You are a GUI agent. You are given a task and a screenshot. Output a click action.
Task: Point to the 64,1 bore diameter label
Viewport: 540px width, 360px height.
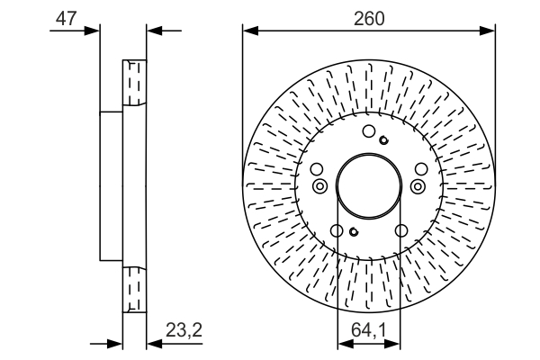pos(368,331)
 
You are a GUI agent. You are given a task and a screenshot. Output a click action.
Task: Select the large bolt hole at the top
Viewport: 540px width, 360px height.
pos(368,133)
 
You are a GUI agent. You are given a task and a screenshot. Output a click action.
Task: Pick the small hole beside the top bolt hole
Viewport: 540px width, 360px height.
pos(383,139)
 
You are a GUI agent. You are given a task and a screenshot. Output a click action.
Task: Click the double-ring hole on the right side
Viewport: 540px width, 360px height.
pos(417,185)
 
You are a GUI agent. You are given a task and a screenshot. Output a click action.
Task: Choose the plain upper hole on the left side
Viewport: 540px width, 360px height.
pos(315,169)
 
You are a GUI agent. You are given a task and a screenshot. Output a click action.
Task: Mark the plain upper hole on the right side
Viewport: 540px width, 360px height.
pos(421,169)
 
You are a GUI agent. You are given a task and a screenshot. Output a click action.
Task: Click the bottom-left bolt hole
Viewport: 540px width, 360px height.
pos(337,231)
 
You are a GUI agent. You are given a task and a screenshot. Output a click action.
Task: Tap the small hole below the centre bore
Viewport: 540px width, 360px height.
pos(354,232)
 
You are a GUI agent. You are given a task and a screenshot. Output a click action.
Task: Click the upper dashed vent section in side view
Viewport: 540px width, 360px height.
pos(133,83)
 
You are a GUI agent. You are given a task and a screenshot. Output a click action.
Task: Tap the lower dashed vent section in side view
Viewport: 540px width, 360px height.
pos(133,288)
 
